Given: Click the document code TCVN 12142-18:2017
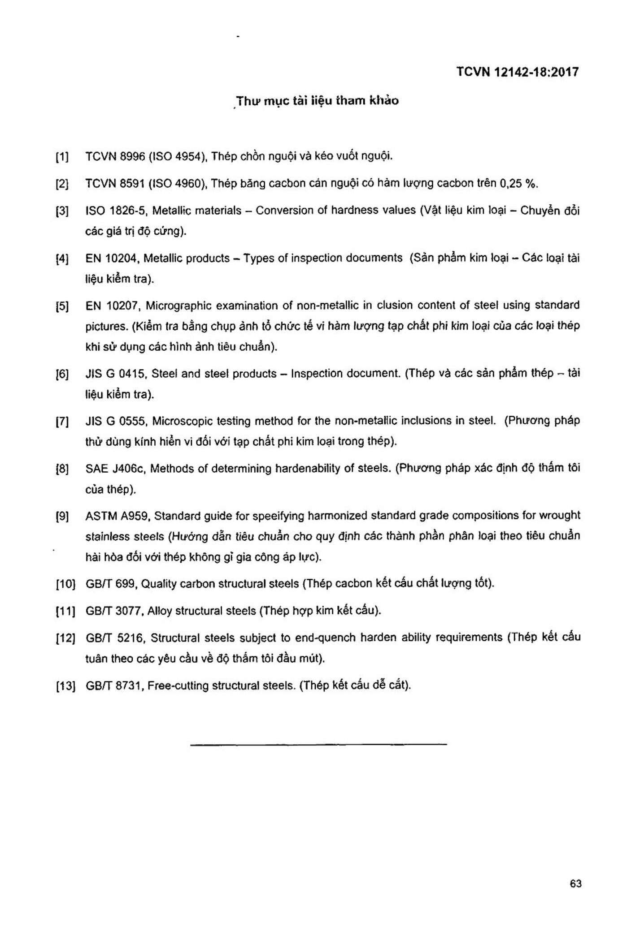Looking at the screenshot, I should pyautogui.click(x=517, y=72).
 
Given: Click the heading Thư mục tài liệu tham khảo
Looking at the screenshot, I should pyautogui.click(x=318, y=101).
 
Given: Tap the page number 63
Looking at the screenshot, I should pyautogui.click(x=576, y=883).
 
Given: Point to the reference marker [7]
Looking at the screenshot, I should pyautogui.click(x=62, y=422).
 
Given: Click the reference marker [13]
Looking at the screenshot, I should pyautogui.click(x=65, y=686).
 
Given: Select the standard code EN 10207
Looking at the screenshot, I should pyautogui.click(x=113, y=306).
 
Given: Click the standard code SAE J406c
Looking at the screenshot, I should pyautogui.click(x=114, y=469).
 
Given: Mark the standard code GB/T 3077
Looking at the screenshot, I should pyautogui.click(x=113, y=611).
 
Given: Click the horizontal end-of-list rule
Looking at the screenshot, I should pyautogui.click(x=318, y=744).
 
